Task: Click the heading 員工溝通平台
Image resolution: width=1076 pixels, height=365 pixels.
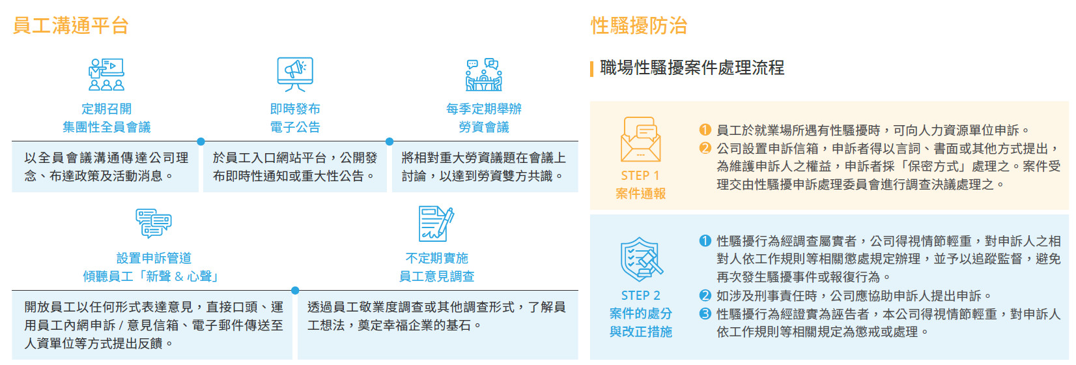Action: point(70,25)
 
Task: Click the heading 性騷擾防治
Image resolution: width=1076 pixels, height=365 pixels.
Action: point(639,25)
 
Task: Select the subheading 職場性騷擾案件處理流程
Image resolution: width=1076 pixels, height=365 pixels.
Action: point(692,68)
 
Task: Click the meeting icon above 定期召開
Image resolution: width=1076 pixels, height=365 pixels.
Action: point(106,74)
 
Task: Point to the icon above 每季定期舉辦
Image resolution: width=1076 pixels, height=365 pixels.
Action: point(484,74)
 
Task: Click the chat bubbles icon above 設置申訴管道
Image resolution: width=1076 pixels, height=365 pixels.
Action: point(154,224)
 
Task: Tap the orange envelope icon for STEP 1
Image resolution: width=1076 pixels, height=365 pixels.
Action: point(640,139)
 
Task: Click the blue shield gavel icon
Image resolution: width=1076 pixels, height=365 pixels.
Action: point(641,259)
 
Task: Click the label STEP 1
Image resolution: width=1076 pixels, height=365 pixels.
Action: point(640,175)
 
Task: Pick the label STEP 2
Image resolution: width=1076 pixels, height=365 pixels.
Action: point(640,295)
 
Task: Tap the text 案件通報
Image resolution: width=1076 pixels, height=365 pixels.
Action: point(640,194)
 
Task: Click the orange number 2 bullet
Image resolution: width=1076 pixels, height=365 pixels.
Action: point(705,148)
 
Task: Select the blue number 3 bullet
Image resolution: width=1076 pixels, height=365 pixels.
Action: point(705,314)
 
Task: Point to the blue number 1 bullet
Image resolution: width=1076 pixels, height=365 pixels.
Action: point(705,241)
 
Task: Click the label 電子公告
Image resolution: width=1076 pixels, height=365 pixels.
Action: point(295,127)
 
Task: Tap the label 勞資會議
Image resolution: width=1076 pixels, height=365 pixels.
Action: point(484,127)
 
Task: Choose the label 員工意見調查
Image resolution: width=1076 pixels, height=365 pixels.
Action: point(436,276)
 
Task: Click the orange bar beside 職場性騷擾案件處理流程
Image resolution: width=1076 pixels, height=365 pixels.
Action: point(591,68)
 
